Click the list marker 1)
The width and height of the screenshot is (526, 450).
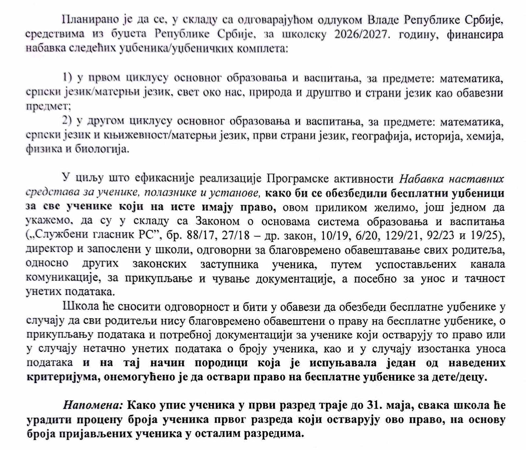tap(67, 78)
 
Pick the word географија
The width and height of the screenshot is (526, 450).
tap(381, 136)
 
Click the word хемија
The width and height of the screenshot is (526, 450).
tap(485, 136)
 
